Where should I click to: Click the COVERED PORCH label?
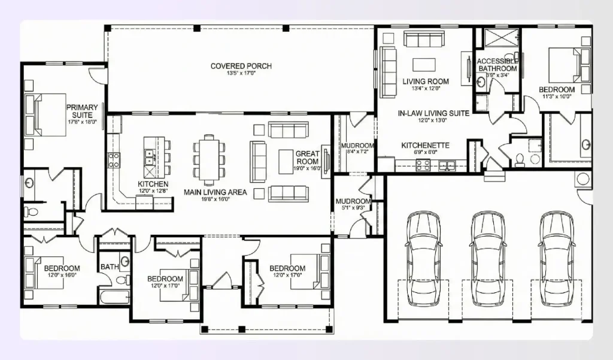point(241,66)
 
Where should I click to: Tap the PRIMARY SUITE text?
point(82,111)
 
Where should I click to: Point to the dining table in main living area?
point(209,156)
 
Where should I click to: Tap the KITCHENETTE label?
point(425,145)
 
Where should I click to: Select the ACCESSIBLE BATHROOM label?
point(497,65)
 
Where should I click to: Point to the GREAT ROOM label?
point(308,158)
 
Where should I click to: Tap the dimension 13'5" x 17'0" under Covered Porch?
point(241,74)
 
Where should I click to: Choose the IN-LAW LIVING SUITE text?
point(425,113)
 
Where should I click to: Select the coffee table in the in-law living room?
point(426,64)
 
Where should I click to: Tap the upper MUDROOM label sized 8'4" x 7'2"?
point(357,146)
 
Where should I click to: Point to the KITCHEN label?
point(153,184)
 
